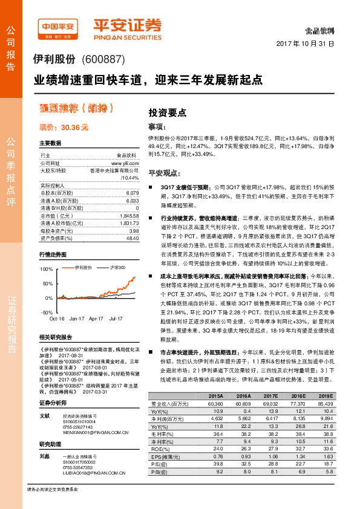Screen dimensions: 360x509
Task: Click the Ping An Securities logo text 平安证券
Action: click(x=126, y=24)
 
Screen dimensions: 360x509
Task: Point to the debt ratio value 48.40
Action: click(x=131, y=238)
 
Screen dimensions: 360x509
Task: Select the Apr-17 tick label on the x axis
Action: click(x=96, y=318)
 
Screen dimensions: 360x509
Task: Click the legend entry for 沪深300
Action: click(x=118, y=267)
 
